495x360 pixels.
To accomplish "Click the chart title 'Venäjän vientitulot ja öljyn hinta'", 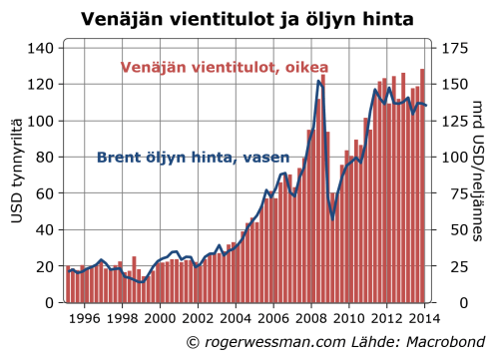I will (x=247, y=18).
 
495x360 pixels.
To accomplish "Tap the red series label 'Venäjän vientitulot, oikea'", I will (x=225, y=68).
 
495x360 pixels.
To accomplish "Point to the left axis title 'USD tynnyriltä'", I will (x=17, y=176).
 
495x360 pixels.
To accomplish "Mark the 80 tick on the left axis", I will (x=45, y=157).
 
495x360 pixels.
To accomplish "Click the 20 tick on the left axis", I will (x=45, y=266).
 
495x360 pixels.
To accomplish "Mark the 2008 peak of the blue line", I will (x=318, y=81).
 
